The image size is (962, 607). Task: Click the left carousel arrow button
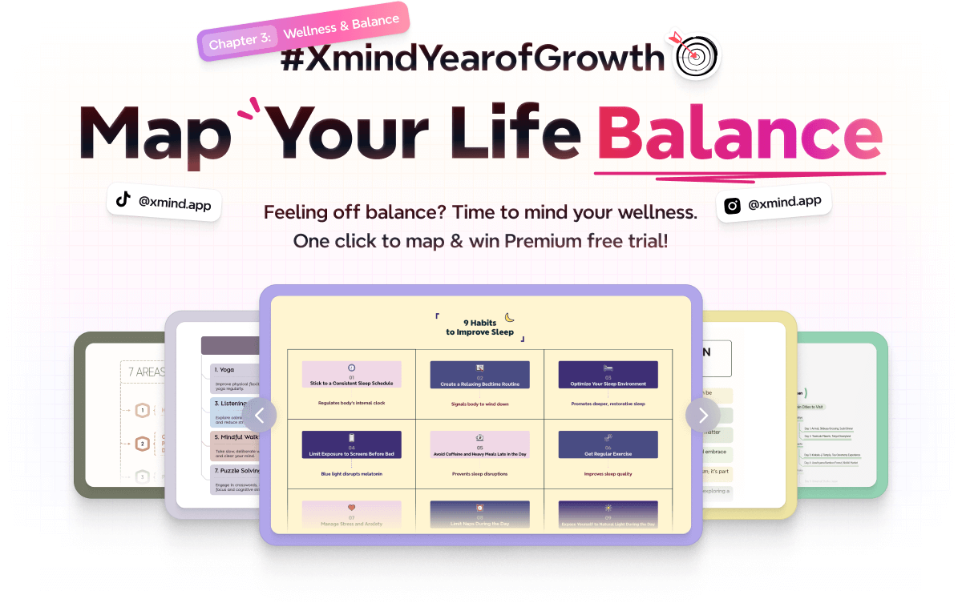260,415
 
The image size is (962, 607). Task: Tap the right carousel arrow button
702,415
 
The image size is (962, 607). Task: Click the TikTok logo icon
123,200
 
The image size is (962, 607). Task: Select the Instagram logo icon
732,206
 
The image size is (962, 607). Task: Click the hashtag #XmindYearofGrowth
473,58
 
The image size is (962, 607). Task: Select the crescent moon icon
509,318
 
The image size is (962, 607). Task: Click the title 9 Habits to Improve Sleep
480,328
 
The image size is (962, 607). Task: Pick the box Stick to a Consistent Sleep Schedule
352,375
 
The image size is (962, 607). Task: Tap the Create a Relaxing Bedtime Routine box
479,375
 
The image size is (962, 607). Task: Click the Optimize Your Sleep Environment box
608,375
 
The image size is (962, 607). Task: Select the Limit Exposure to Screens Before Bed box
352,445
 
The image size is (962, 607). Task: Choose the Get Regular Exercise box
608,445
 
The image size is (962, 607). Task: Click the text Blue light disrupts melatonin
352,474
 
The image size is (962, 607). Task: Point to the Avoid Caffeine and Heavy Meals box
479,445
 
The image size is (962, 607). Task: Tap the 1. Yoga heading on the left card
224,370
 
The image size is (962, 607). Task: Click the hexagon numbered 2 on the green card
143,444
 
